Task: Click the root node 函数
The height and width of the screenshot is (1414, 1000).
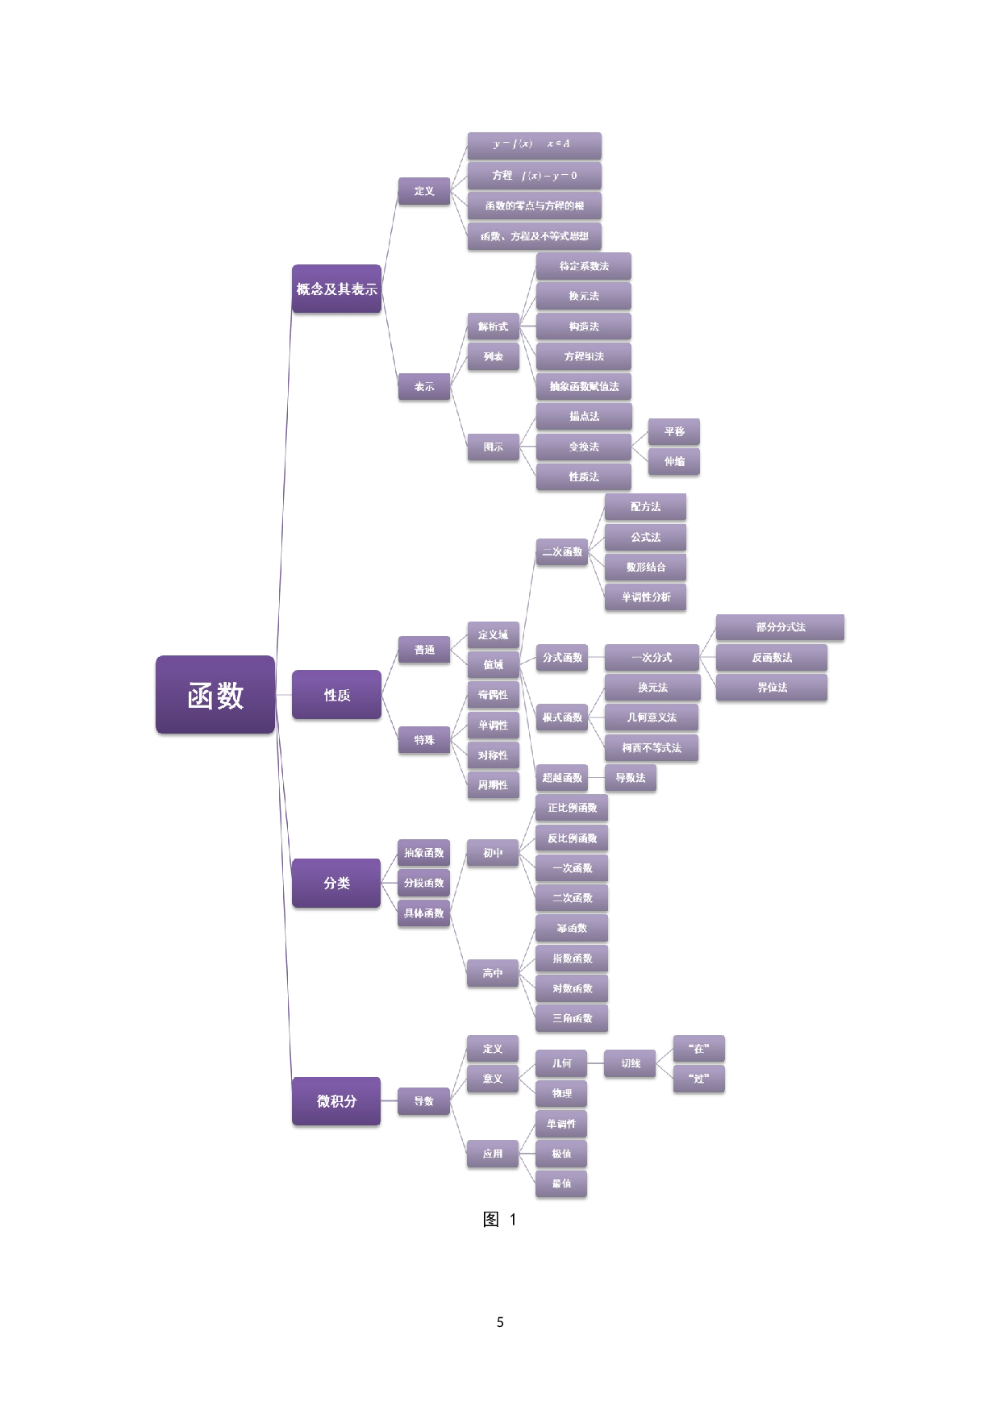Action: click(x=215, y=696)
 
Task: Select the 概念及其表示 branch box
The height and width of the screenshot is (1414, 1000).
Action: click(x=336, y=289)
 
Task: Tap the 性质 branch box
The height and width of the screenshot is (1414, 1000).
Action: click(x=336, y=695)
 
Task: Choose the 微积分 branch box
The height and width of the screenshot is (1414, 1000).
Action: click(x=336, y=1101)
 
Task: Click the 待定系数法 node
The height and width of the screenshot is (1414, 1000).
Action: click(x=584, y=266)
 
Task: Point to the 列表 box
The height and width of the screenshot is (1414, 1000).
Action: click(x=493, y=356)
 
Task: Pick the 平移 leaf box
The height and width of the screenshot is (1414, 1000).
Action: click(x=674, y=432)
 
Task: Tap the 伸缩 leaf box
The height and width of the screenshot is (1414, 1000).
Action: click(x=674, y=462)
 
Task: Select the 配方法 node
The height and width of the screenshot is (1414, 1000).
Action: click(x=645, y=507)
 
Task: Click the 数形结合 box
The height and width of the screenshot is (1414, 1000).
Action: click(x=645, y=568)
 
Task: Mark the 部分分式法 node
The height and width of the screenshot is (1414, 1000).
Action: click(x=780, y=627)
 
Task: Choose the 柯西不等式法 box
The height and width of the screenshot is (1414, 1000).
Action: click(x=651, y=748)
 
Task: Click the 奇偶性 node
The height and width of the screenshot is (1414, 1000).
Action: click(x=493, y=695)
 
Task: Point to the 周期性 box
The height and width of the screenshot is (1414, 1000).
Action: click(x=493, y=785)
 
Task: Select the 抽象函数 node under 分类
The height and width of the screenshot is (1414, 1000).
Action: click(x=423, y=853)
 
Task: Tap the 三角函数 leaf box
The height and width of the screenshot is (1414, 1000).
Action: click(x=572, y=1019)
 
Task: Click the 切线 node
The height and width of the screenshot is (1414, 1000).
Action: click(x=631, y=1064)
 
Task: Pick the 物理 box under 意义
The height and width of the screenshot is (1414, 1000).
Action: click(x=561, y=1094)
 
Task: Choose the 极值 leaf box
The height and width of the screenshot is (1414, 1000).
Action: click(x=561, y=1154)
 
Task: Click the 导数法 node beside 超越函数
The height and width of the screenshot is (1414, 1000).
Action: click(x=630, y=778)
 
